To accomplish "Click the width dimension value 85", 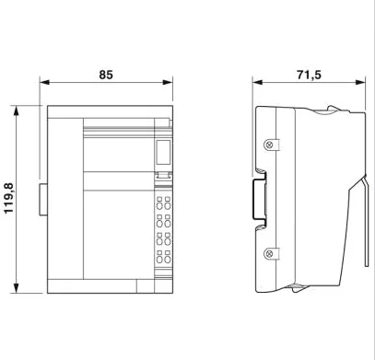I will point(107,74).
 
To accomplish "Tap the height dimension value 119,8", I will point(10,199).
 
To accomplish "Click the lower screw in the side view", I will point(268,252).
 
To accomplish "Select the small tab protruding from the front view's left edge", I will point(42,200).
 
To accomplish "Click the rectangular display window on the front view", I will point(163,153).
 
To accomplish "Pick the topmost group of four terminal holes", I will point(163,203).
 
